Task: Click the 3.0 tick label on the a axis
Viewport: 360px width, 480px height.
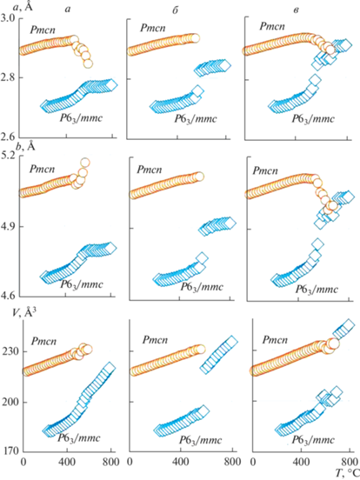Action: coord(10,18)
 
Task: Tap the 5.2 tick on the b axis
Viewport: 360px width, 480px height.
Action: coord(10,157)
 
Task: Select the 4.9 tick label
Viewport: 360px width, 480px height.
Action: coord(10,227)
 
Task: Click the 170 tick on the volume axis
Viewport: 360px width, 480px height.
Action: coord(10,451)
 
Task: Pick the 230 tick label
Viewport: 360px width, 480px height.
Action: coord(10,351)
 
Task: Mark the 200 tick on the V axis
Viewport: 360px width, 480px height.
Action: coord(10,402)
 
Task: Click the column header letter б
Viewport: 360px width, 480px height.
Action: coord(175,10)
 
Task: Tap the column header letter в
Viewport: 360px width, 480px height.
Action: coord(296,10)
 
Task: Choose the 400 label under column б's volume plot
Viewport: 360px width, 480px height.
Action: coord(180,461)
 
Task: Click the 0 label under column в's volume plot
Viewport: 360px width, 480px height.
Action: coord(253,461)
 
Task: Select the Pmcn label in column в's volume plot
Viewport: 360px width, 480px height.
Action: coord(275,340)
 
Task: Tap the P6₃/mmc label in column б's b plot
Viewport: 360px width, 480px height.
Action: coord(202,287)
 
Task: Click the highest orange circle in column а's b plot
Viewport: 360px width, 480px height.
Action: coord(85,163)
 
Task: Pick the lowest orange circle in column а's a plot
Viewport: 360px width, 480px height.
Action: coord(88,64)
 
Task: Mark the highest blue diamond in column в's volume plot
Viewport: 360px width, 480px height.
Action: coord(349,324)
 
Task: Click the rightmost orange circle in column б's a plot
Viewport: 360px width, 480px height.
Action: coord(195,38)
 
